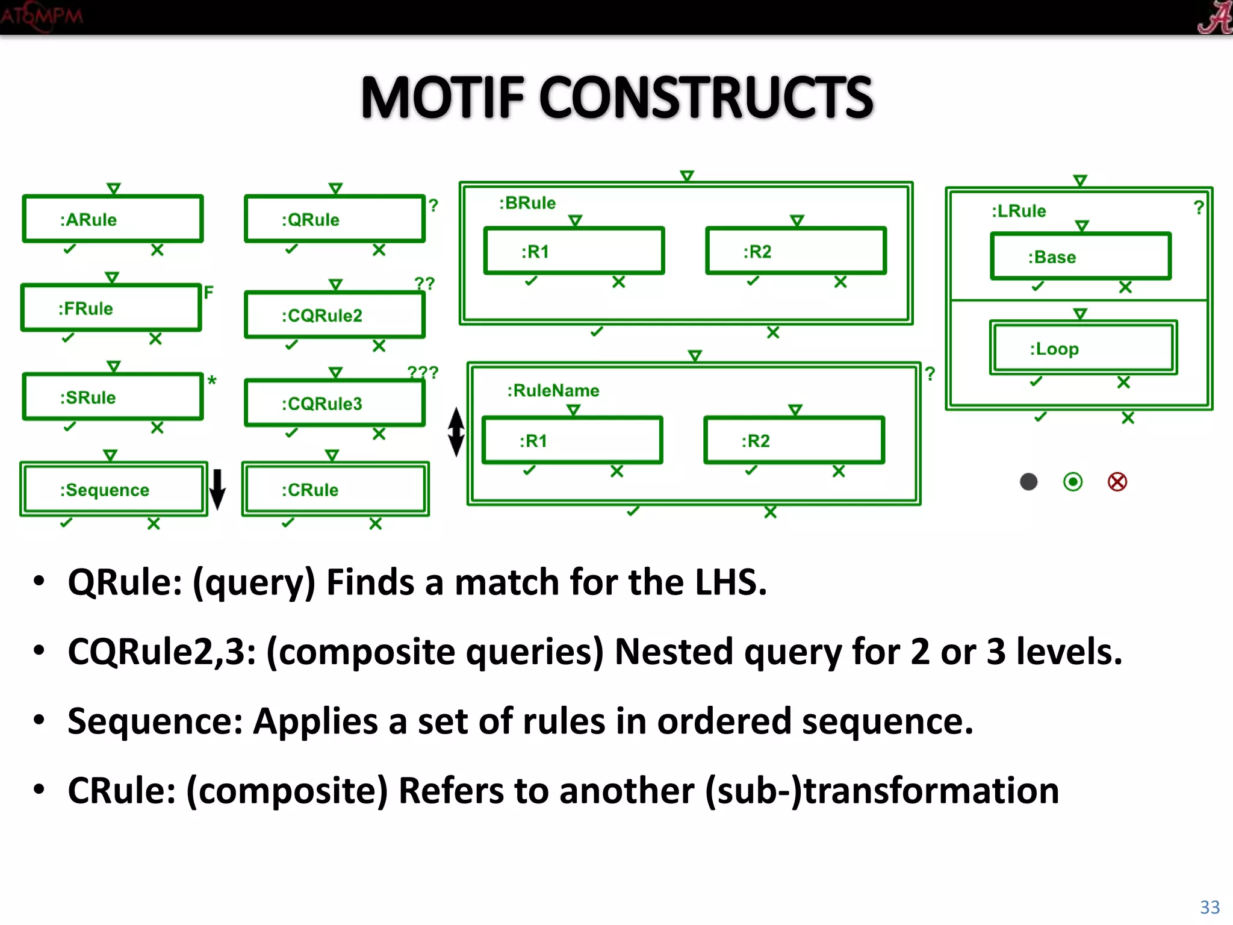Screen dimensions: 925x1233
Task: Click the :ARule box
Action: point(113,219)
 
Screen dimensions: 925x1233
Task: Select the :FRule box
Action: point(111,308)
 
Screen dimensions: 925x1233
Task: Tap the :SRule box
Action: point(113,397)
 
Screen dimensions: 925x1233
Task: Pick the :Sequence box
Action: point(113,489)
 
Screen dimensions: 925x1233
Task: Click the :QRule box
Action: point(335,219)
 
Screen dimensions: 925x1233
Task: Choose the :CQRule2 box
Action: point(335,315)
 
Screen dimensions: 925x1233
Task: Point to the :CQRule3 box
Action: point(335,403)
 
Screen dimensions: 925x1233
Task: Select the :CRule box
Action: point(335,489)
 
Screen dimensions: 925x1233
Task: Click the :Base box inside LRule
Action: point(1081,257)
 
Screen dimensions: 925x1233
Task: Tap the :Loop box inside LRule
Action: point(1083,348)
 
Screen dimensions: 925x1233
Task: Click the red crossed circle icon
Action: point(1117,482)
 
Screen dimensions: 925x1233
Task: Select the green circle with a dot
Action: point(1073,482)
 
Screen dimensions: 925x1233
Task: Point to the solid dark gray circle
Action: point(1029,482)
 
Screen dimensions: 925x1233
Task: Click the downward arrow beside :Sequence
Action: point(217,489)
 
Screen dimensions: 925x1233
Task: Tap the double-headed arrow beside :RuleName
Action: point(456,432)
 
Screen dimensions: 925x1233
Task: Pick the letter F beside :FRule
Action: point(208,293)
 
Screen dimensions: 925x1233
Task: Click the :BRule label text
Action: point(527,203)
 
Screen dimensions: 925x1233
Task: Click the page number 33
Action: point(1210,907)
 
